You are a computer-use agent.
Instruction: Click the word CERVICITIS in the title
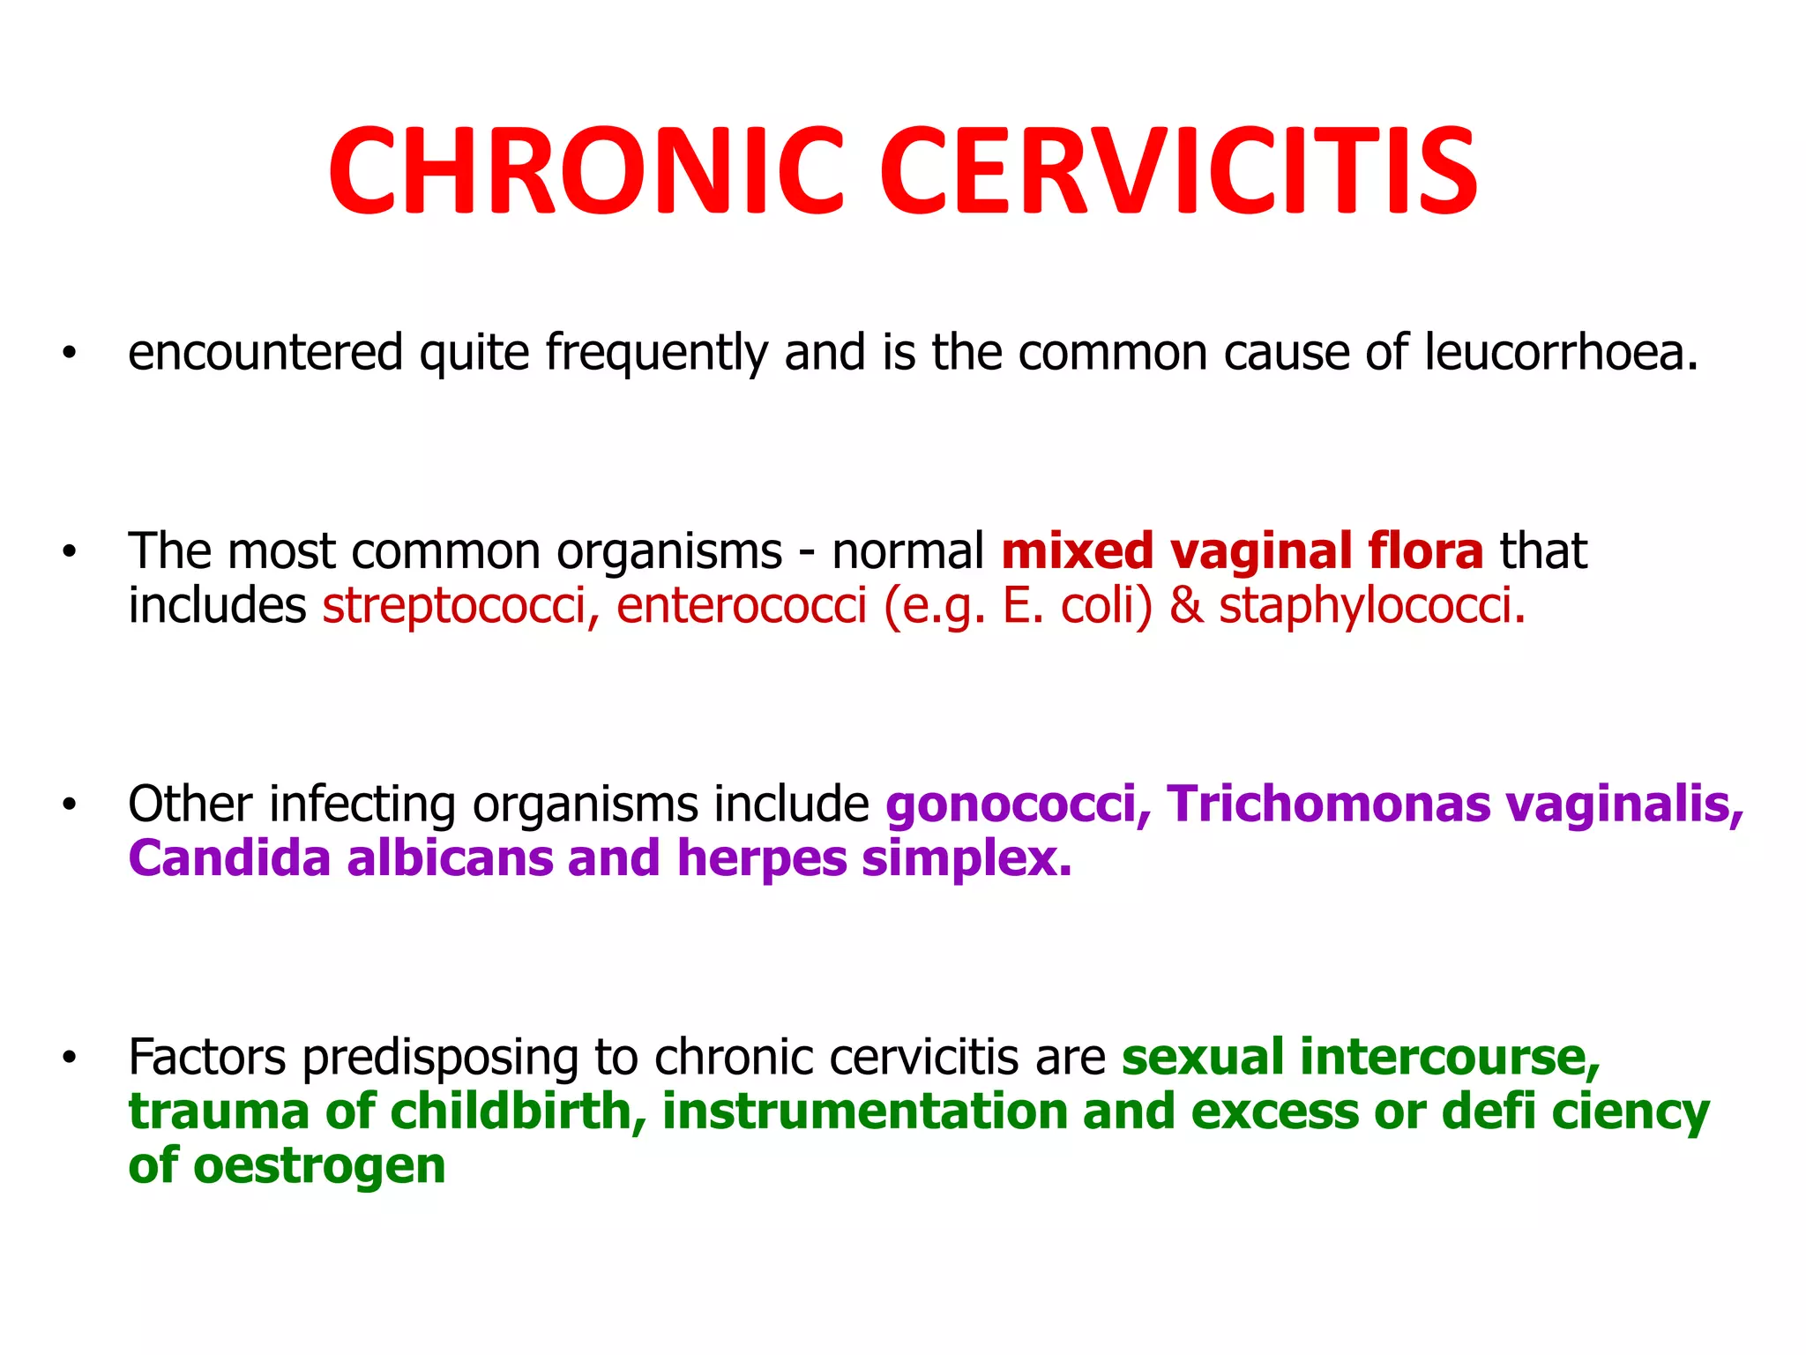[1179, 172]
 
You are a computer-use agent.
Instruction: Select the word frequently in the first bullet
[656, 353]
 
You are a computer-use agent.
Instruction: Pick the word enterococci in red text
[742, 607]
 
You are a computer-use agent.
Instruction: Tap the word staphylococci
[1371, 607]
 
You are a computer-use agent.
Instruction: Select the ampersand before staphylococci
[1186, 607]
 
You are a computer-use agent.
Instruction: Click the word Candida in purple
[229, 858]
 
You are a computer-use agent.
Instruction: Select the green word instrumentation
[865, 1112]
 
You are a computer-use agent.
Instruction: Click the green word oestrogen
[319, 1166]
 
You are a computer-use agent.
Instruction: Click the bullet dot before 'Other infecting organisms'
[70, 805]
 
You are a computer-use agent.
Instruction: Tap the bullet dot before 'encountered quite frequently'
[70, 354]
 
